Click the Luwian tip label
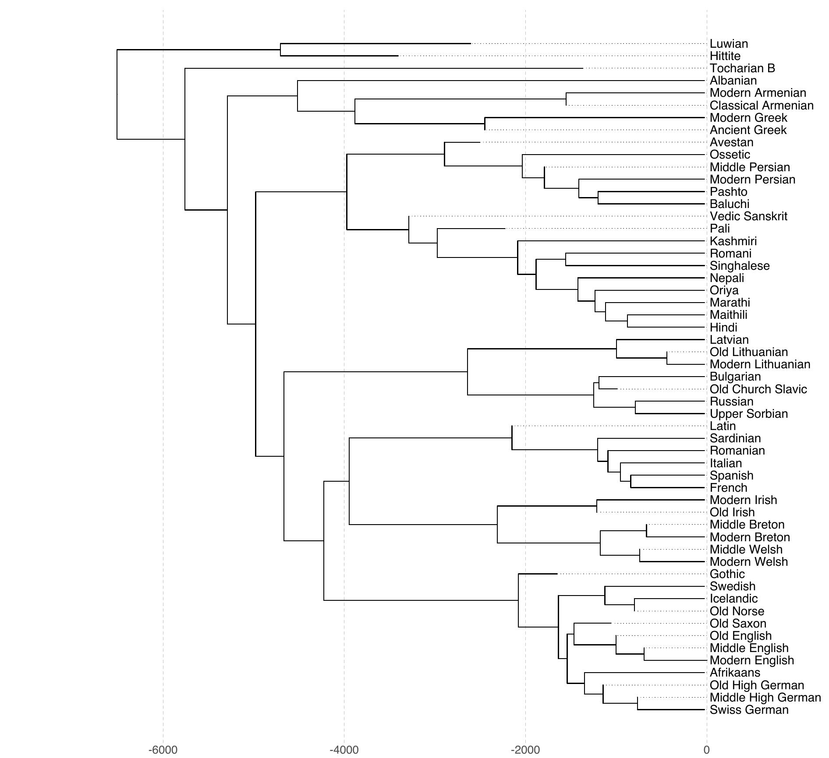[729, 44]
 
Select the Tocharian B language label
[742, 68]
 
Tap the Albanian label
[733, 81]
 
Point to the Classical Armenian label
[762, 106]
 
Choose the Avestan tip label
[731, 142]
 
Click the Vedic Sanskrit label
[748, 216]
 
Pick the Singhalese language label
[740, 266]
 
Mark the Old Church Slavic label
[758, 389]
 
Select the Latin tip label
[723, 426]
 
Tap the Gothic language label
[727, 574]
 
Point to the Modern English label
[751, 660]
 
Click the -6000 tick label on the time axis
[163, 750]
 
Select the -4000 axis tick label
[344, 750]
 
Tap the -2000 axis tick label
[525, 750]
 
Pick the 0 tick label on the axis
[706, 750]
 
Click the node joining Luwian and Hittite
[280, 50]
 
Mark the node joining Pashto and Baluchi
[598, 198]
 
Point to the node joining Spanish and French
[631, 482]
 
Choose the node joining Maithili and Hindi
[627, 321]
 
